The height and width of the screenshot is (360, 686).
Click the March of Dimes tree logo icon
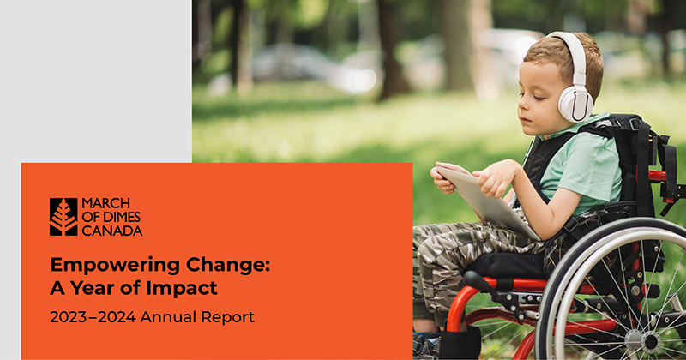click(63, 217)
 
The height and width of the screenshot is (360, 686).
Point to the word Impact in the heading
click(188, 287)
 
